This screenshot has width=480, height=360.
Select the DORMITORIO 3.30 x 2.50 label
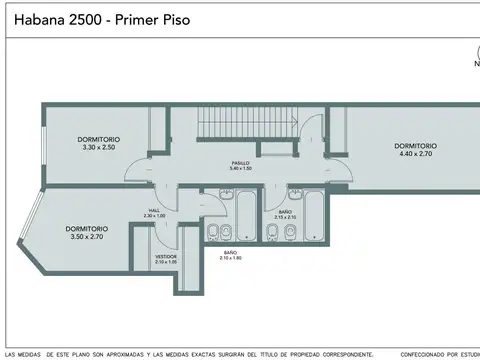point(99,143)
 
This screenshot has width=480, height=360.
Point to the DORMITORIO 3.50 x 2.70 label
point(86,233)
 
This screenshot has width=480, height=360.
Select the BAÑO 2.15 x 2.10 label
point(285,214)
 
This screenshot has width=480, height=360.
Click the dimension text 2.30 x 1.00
point(154,217)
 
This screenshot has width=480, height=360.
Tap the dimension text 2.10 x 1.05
point(166,263)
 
